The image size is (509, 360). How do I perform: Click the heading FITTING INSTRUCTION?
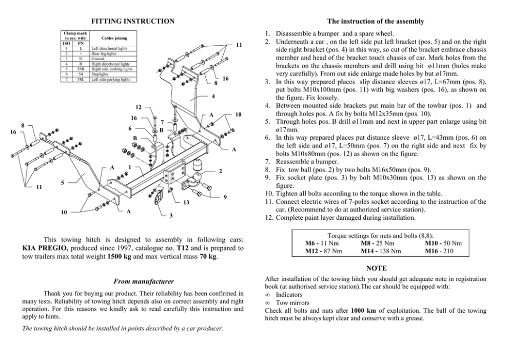tap(132, 21)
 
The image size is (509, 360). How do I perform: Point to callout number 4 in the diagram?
tap(212, 97)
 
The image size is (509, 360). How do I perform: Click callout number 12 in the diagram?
tap(138, 107)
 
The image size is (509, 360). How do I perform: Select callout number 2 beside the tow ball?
tap(220, 170)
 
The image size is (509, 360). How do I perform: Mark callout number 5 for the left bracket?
tap(63, 182)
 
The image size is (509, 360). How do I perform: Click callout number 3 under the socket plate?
tap(171, 215)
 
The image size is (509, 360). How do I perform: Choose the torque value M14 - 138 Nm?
tap(381, 251)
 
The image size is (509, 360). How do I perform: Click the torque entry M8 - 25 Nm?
tap(377, 243)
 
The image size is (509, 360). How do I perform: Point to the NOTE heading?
tap(376, 268)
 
